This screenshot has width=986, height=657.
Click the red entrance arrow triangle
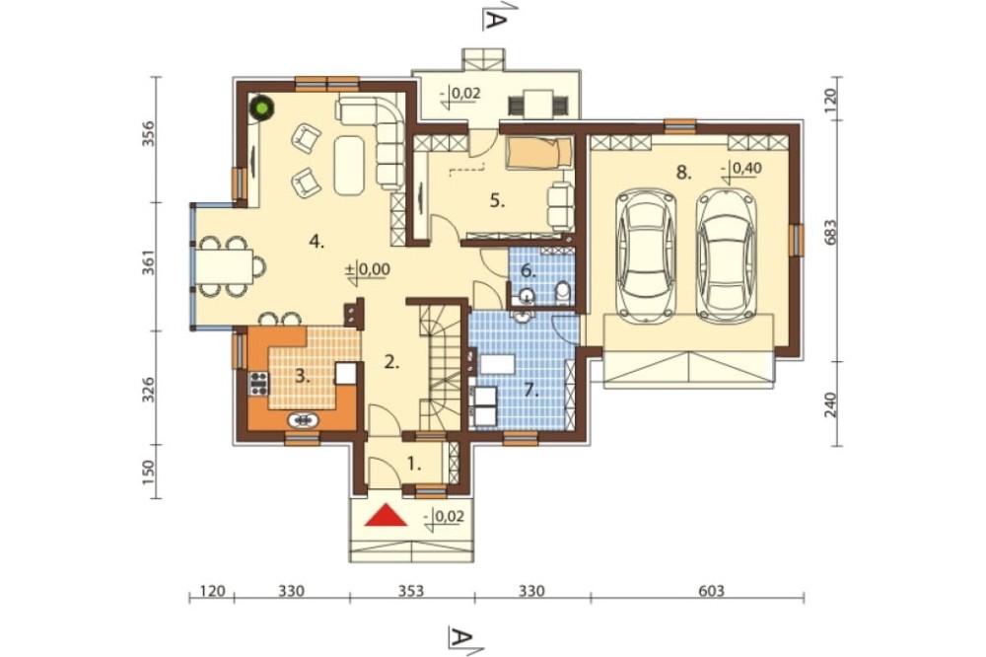pos(385,515)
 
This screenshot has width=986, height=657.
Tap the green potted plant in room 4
pos(261,108)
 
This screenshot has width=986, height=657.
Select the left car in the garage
pos(649,255)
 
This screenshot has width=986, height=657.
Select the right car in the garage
pos(726,255)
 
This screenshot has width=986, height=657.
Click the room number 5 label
pos(497,201)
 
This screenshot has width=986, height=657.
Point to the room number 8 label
pos(683,173)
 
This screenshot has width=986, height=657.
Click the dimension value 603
pos(711,591)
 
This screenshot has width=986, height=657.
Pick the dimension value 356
pos(149,134)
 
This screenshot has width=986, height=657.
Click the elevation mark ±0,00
pos(368,270)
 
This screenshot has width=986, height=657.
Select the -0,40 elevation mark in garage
pos(742,169)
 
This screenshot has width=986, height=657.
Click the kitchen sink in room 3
pos(303,419)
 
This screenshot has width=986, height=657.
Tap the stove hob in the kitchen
pos(258,383)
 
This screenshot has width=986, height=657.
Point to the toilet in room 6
pos(563,292)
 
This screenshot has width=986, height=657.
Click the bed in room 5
pos(539,153)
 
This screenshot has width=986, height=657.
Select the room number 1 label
pos(413,465)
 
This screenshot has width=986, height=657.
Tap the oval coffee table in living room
pos(349,165)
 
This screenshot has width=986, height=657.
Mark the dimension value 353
pos(410,591)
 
